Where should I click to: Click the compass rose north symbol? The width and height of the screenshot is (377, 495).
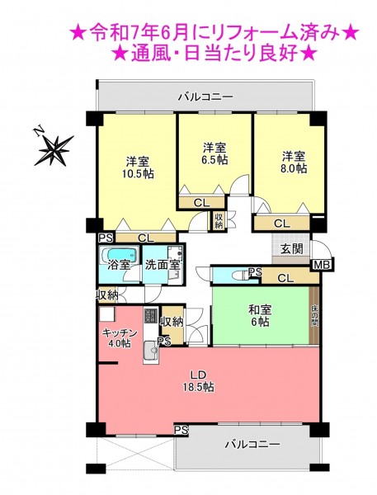[x=54, y=147]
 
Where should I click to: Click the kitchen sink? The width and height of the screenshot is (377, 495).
[x=151, y=351]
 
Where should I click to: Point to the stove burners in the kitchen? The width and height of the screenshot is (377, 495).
[x=151, y=315]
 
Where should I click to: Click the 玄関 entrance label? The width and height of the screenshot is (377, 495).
[x=292, y=249]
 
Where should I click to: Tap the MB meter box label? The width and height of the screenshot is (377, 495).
[x=322, y=265]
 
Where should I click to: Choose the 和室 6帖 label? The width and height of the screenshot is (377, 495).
[x=259, y=316]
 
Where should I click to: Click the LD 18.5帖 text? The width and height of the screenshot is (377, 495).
[x=199, y=380]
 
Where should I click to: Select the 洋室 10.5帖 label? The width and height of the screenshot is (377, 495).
[x=138, y=167]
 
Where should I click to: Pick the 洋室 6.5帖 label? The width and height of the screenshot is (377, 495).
[x=214, y=153]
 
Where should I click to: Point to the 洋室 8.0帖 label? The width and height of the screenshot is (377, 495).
[x=294, y=163]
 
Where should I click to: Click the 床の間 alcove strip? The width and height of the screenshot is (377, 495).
[x=314, y=316]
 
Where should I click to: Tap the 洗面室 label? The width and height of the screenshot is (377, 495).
[x=162, y=265]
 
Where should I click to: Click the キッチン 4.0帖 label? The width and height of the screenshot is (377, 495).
[x=120, y=338]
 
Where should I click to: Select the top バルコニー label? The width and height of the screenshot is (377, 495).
[x=205, y=97]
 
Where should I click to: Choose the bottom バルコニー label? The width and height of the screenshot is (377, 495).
[x=252, y=445]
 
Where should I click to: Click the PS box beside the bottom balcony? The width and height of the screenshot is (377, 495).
[x=181, y=430]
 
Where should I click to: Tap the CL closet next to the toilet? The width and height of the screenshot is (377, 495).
[x=285, y=278]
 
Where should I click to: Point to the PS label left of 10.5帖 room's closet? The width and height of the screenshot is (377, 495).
[x=106, y=238]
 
